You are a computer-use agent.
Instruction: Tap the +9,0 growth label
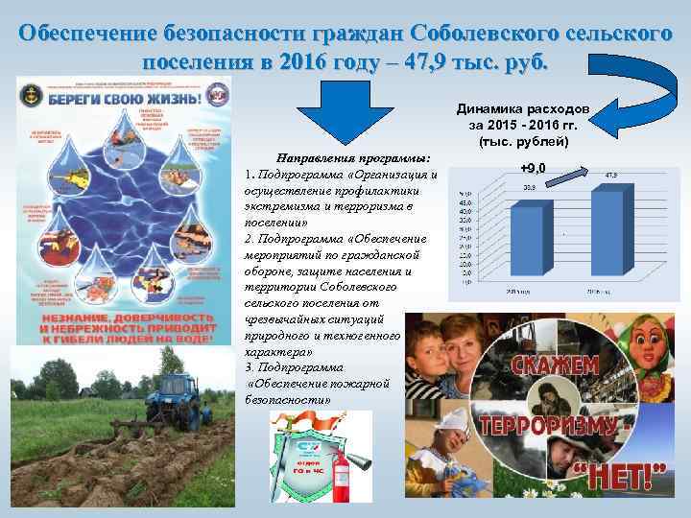(x=533, y=170)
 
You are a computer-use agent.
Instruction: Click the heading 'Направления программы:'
(x=352, y=157)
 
